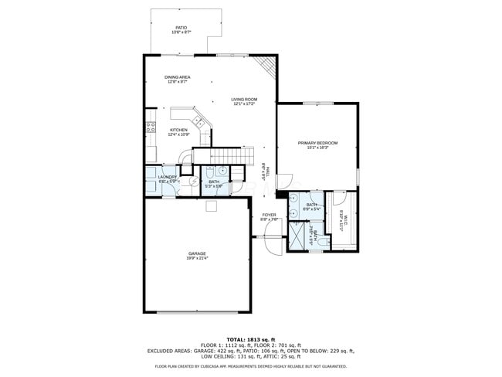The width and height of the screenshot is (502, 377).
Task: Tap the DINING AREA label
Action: (x=178, y=77)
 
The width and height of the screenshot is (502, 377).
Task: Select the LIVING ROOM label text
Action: (x=244, y=100)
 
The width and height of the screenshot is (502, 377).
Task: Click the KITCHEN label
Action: (x=178, y=130)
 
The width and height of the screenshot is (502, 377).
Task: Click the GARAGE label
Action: (x=196, y=253)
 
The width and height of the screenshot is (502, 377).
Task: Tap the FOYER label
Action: (x=269, y=215)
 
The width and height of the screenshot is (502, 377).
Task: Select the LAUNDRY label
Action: (x=168, y=177)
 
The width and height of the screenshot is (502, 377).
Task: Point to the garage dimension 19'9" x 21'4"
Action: (x=196, y=259)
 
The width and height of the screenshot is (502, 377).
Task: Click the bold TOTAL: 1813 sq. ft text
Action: (x=250, y=339)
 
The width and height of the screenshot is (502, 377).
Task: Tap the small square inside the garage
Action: (x=210, y=205)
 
